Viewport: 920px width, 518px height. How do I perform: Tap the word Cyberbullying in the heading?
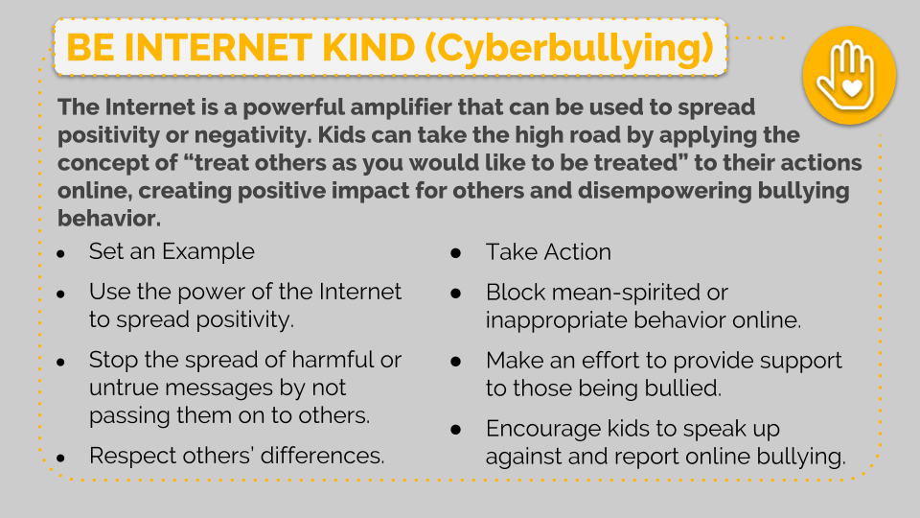pos(568,49)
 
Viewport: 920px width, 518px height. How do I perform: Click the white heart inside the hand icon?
pos(851,88)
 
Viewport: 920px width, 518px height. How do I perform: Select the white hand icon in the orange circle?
pos(846,75)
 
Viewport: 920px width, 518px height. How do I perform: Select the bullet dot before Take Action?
pos(456,253)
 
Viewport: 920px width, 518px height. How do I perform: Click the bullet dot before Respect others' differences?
pos(61,459)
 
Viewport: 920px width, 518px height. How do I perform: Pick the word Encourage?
pos(543,430)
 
